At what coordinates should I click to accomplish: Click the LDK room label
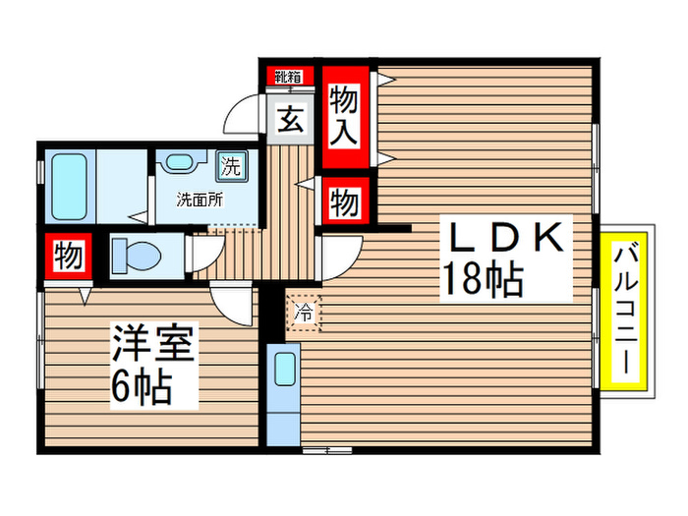point(506,239)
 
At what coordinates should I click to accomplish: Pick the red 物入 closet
point(343,115)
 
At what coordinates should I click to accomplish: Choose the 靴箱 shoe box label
point(287,77)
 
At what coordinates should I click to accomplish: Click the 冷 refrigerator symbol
point(304,315)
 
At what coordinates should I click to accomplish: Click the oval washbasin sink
point(178,163)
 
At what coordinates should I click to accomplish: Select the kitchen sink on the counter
point(284,370)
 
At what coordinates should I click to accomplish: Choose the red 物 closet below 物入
point(343,203)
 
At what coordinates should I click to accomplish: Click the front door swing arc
point(242,117)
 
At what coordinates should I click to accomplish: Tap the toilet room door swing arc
point(201,253)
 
